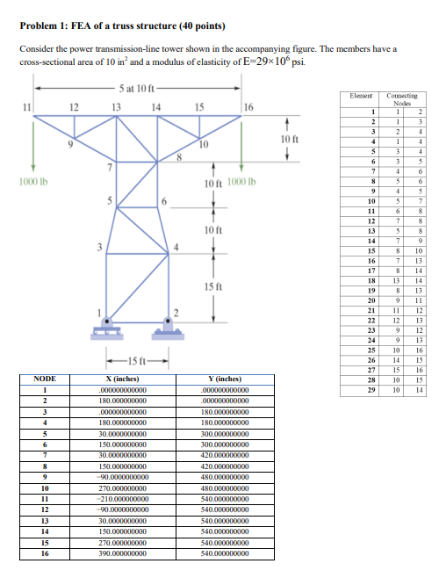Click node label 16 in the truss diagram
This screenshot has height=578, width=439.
click(248, 107)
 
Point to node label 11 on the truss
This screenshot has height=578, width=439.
click(27, 107)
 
